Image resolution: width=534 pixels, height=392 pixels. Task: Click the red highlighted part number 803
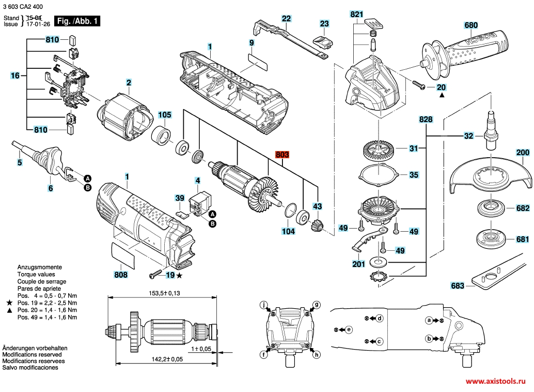pyautogui.click(x=282, y=155)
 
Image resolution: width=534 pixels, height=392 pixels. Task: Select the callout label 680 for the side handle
pyautogui.click(x=471, y=25)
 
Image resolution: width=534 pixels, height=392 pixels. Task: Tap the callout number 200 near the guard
pyautogui.click(x=523, y=153)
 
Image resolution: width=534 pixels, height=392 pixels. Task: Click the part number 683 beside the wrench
pyautogui.click(x=457, y=285)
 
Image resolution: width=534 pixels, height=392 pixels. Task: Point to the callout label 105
pyautogui.click(x=164, y=115)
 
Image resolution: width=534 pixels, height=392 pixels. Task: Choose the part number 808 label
pyautogui.click(x=120, y=275)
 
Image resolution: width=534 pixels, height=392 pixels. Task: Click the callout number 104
pyautogui.click(x=288, y=232)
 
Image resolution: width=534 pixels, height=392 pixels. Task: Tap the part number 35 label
pyautogui.click(x=414, y=175)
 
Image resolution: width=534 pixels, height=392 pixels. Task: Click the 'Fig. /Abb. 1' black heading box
pyautogui.click(x=78, y=21)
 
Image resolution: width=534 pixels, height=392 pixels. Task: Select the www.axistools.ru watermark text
pyautogui.click(x=498, y=381)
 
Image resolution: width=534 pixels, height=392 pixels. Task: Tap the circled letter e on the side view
pyautogui.click(x=349, y=329)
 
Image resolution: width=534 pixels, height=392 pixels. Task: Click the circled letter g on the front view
pyautogui.click(x=317, y=304)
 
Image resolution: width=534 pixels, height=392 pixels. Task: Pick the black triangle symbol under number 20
pyautogui.click(x=442, y=96)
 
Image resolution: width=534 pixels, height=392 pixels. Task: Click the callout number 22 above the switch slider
pyautogui.click(x=286, y=18)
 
